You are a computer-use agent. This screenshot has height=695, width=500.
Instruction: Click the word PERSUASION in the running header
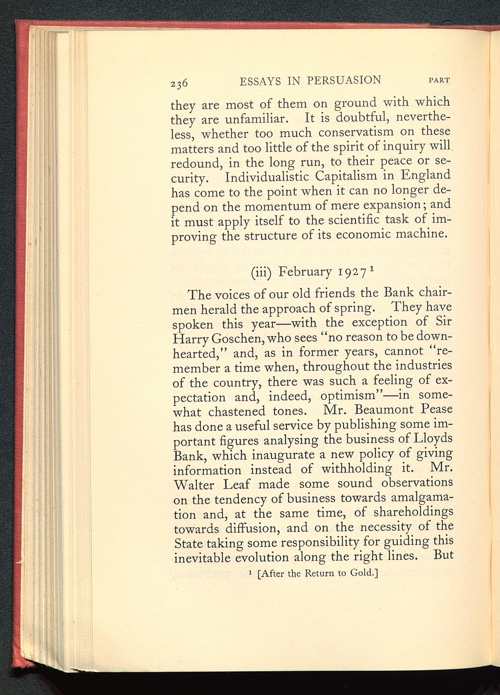pyautogui.click(x=344, y=80)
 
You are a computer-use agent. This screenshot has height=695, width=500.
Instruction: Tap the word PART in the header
pyautogui.click(x=439, y=81)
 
